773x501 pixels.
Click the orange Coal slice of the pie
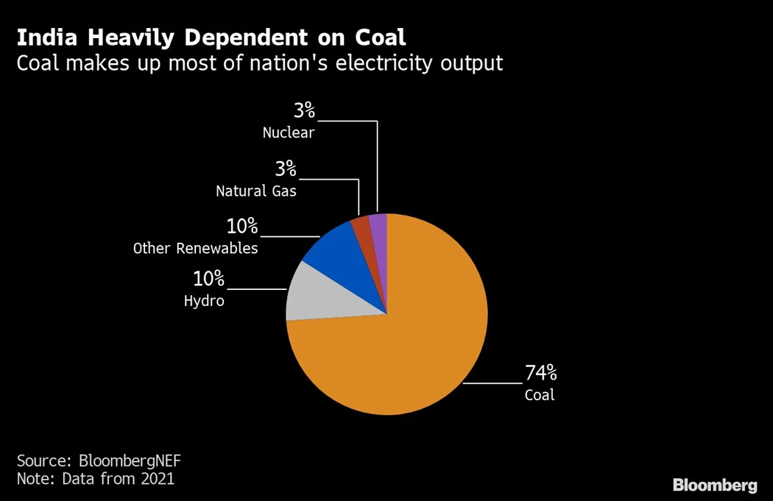click(412, 346)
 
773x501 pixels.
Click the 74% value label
click(540, 372)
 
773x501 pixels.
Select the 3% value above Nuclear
click(304, 111)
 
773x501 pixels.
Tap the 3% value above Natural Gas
click(285, 169)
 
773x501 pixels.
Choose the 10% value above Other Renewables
click(241, 226)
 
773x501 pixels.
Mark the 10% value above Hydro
click(208, 279)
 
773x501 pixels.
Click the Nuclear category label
click(289, 133)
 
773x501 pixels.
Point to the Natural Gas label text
click(255, 191)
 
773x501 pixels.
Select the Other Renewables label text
click(195, 248)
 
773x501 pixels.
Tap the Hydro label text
click(204, 301)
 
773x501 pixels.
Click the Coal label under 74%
click(539, 395)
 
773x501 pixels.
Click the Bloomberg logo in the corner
click(714, 485)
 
